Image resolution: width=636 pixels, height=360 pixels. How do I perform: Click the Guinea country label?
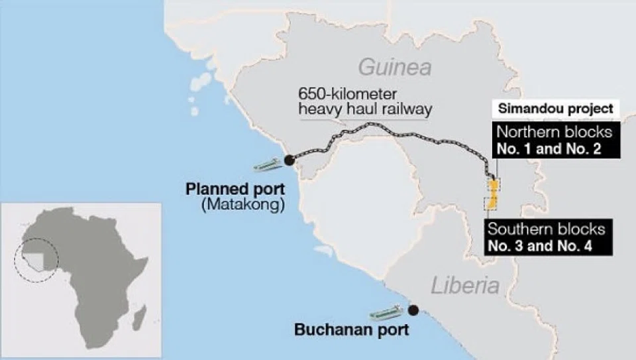(395, 67)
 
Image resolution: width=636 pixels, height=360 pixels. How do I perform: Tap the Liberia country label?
(465, 286)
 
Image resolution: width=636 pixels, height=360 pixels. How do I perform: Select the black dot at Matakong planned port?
(289, 160)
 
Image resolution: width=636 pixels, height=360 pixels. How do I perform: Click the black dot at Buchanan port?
(413, 310)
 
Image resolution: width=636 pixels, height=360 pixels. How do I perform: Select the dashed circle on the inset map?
(36, 259)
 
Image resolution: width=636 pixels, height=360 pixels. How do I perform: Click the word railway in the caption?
(400, 109)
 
